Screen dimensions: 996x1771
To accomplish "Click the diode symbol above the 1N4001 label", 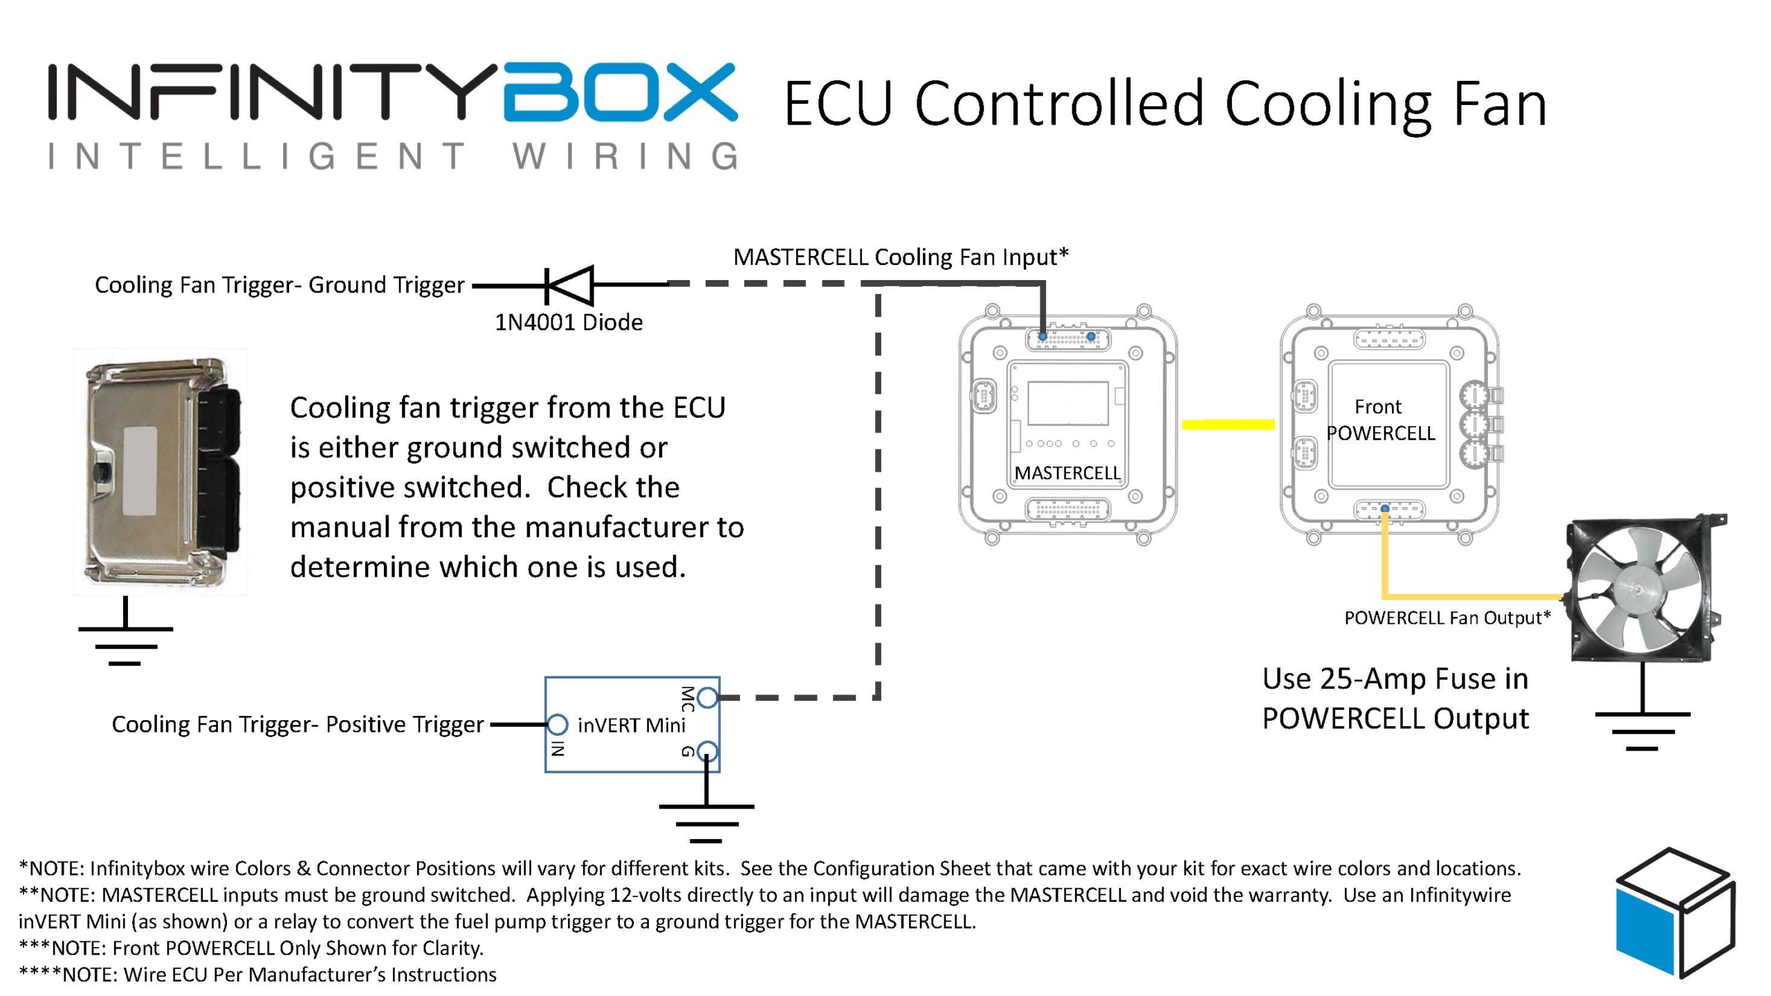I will [x=569, y=284].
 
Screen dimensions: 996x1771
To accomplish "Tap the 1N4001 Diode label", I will [x=569, y=322].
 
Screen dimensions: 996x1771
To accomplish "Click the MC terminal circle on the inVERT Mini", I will [x=706, y=697].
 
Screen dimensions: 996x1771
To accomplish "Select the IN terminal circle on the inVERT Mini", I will [x=558, y=724].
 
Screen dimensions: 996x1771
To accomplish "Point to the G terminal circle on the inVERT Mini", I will [x=706, y=750].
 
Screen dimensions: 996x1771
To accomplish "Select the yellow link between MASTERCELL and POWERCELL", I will [x=1228, y=424].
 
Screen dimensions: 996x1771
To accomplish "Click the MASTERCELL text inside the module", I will [x=1067, y=473].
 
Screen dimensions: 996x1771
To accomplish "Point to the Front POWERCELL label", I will [x=1380, y=420].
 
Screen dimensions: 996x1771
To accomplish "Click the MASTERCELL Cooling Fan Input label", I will [x=901, y=257].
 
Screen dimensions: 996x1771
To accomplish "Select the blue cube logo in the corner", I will [x=1674, y=913].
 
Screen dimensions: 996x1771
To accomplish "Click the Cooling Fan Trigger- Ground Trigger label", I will [x=279, y=285].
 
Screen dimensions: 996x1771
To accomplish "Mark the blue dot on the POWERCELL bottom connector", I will [x=1384, y=508].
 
